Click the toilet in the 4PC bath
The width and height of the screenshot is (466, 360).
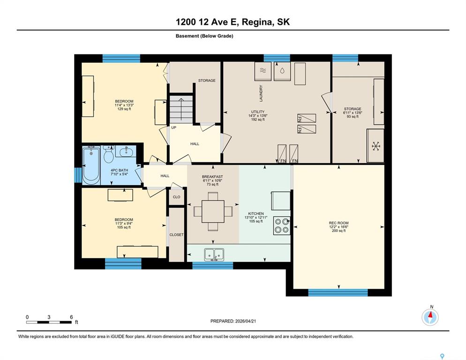coord(108,154)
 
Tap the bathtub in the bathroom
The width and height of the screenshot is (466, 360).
coord(91,165)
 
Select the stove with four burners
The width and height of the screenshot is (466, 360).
coord(281,225)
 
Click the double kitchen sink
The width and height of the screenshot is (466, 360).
coord(214,255)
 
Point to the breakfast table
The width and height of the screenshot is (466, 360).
coord(213,211)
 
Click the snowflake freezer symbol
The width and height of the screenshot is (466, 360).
coord(376,146)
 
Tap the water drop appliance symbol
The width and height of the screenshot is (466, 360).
coord(282,71)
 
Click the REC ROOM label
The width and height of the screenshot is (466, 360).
coord(338,223)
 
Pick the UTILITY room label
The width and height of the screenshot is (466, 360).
coord(258,112)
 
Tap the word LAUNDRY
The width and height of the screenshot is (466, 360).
coord(261,93)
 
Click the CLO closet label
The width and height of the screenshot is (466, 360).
coord(177,197)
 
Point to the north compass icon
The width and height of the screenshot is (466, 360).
coord(430,317)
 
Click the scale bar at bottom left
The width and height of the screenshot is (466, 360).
coord(49,322)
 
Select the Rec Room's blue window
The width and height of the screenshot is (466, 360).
coord(338,292)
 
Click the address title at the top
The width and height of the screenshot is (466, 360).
coord(233,22)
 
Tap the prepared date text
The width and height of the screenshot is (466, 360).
coord(233,321)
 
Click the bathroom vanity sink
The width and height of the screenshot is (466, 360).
coord(126,151)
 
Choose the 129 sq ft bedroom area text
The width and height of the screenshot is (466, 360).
coord(124,109)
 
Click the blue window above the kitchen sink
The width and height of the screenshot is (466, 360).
coord(212,265)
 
